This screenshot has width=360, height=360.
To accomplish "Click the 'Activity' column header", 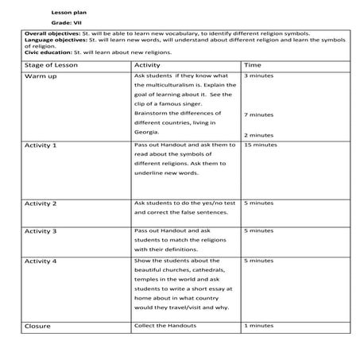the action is (x=148, y=64).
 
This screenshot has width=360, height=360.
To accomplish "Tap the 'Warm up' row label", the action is (x=41, y=77).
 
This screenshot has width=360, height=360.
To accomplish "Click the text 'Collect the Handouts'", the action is (x=165, y=325).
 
